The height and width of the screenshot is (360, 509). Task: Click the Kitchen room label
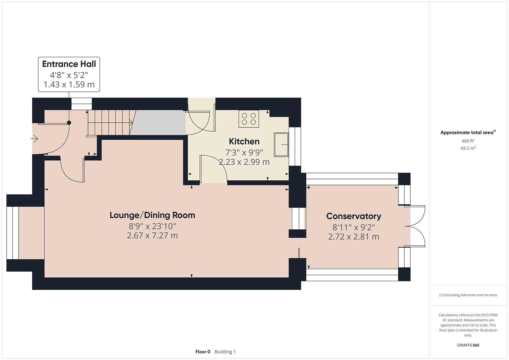[244, 141]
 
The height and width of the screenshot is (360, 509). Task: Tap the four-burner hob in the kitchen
[249, 119]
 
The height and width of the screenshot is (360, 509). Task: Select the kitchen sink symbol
[281, 144]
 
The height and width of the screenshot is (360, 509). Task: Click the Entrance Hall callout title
[69, 64]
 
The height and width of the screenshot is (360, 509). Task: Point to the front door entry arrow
[34, 138]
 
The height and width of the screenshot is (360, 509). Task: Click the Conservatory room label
[353, 216]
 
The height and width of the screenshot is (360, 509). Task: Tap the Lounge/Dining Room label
[152, 215]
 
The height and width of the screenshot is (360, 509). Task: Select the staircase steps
[110, 123]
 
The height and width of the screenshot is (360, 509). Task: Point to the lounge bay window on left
[13, 233]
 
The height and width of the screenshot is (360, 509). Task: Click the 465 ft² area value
[468, 141]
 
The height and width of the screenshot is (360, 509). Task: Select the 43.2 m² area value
[468, 148]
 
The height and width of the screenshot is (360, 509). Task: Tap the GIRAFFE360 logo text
[468, 345]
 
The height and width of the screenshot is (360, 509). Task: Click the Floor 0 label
[203, 352]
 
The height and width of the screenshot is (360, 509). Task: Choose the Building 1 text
[225, 352]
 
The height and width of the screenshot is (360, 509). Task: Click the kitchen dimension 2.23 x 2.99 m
[244, 162]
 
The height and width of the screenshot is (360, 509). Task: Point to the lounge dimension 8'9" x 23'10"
[152, 226]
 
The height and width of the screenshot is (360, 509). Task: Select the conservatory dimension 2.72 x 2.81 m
[353, 237]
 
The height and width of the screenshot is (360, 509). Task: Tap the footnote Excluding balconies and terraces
[468, 295]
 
